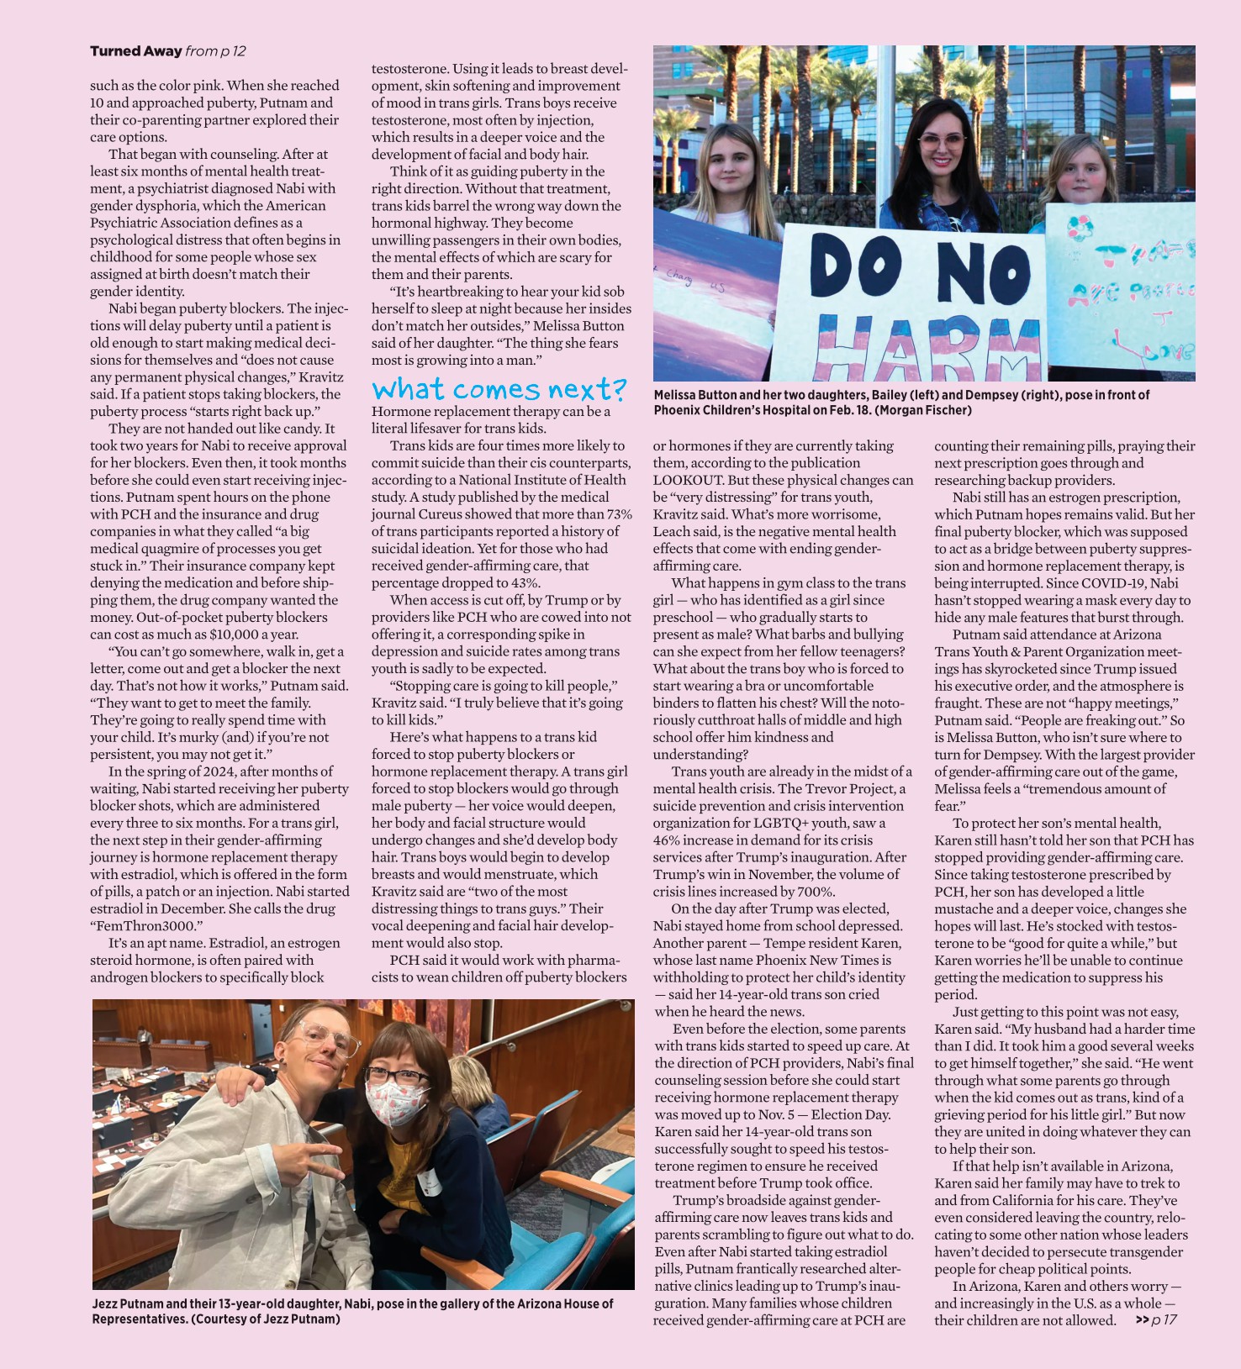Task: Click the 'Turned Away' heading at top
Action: [x=135, y=51]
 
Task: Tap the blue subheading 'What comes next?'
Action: [x=499, y=389]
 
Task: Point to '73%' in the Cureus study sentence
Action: [x=618, y=514]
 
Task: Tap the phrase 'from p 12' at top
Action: [x=215, y=51]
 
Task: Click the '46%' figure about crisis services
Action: [x=668, y=840]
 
